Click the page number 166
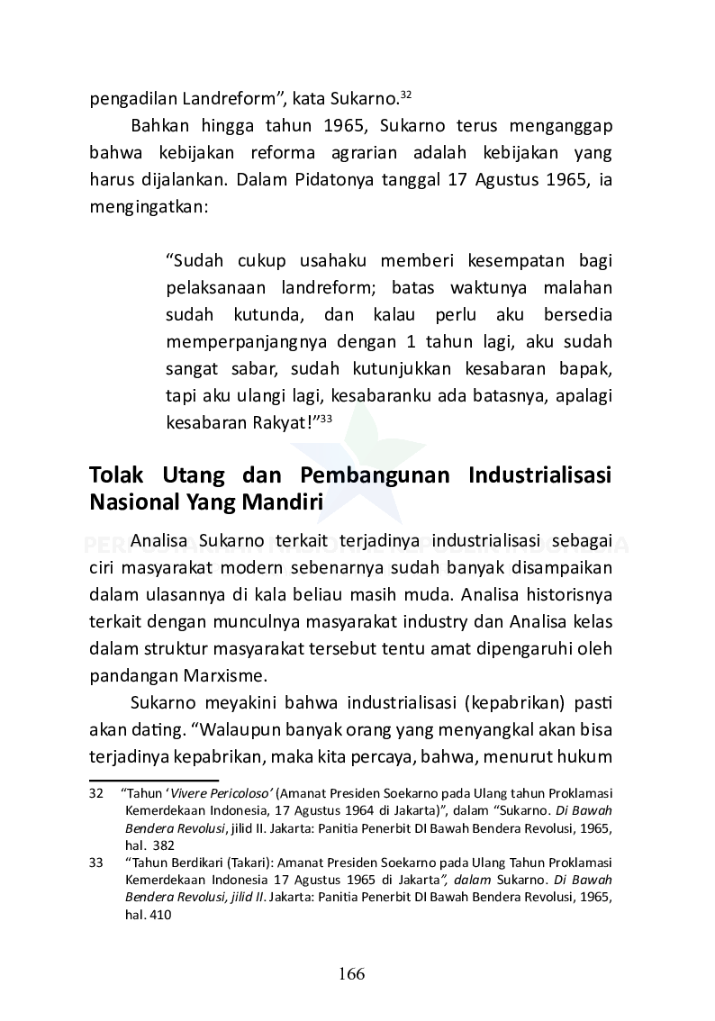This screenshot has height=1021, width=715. [351, 974]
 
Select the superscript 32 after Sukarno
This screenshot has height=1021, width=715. [406, 94]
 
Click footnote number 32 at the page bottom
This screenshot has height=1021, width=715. [96, 793]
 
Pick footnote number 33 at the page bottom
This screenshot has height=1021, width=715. [96, 863]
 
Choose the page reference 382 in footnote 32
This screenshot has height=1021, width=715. [163, 845]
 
